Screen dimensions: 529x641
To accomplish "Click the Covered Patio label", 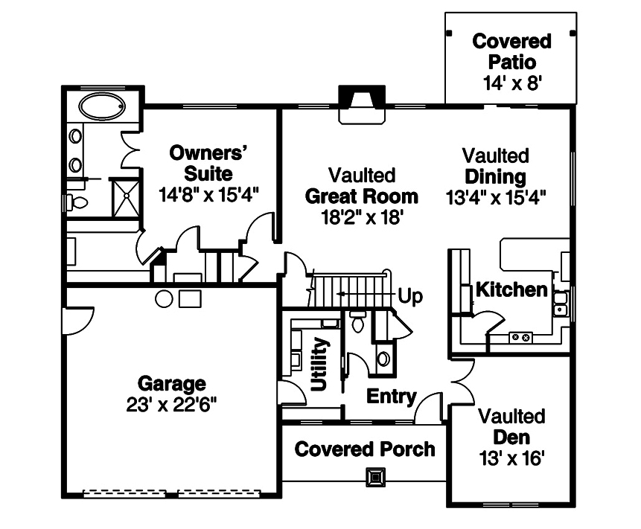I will click(511, 50).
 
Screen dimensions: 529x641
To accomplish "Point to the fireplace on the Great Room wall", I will click(362, 102).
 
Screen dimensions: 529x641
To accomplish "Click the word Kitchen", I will click(511, 289).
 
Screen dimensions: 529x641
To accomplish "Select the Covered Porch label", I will click(365, 449).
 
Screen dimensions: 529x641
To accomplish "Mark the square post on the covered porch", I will click(377, 475).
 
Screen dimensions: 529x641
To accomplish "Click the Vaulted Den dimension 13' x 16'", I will click(511, 456).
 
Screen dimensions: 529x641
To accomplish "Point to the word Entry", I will click(391, 397).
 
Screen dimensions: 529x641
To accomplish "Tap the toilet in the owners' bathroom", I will click(77, 202).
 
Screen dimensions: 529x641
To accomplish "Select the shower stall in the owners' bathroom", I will click(126, 196).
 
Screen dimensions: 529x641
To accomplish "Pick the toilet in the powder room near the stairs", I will click(358, 322).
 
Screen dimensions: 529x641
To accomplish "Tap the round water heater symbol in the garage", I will click(165, 299).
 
